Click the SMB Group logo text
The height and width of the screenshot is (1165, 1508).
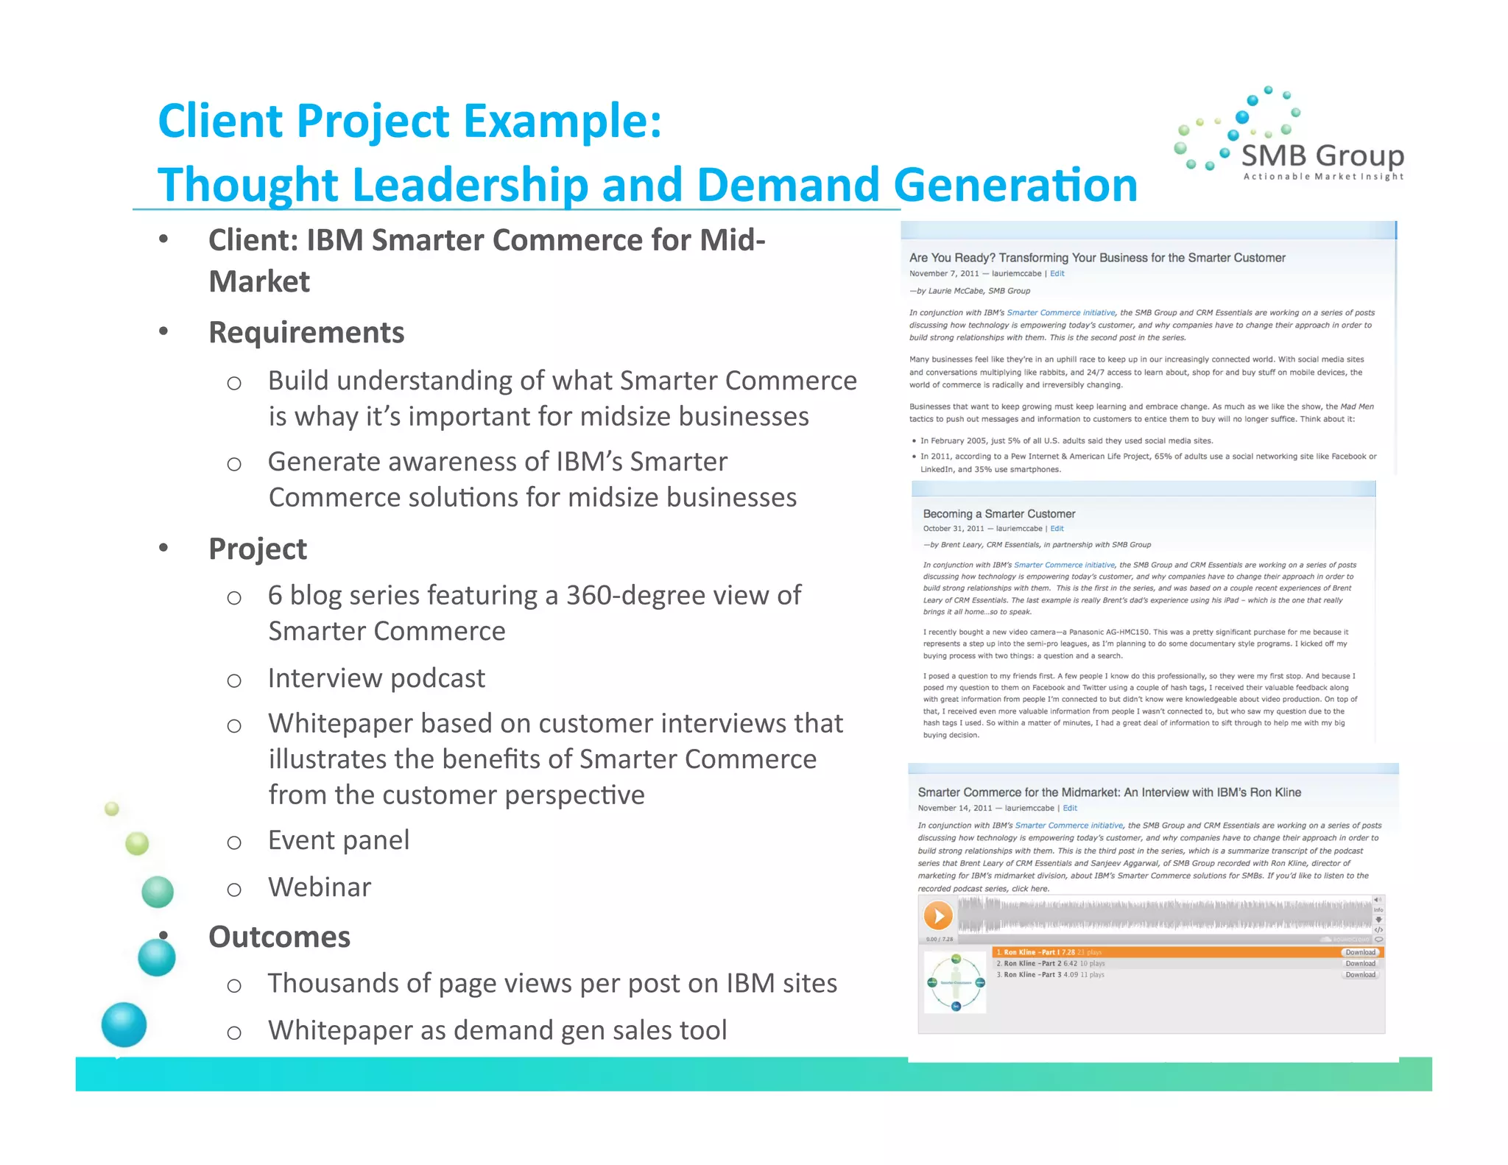coord(1322,156)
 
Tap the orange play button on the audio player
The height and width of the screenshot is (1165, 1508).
coord(938,916)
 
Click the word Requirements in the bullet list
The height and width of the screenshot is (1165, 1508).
coord(306,332)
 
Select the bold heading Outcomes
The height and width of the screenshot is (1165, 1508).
coord(279,937)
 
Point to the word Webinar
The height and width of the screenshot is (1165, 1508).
coord(320,887)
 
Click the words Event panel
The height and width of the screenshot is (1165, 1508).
coord(339,840)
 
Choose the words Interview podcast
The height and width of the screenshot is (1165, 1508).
coord(376,678)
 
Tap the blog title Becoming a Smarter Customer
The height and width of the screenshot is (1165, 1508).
coord(998,514)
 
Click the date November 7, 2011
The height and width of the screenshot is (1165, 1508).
coord(944,274)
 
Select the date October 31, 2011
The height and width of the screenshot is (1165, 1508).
coord(954,529)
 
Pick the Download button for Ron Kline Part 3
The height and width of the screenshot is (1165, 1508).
coord(1360,975)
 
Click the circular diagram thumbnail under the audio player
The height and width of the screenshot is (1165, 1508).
coord(955,982)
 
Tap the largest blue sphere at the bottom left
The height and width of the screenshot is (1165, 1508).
coord(124,1024)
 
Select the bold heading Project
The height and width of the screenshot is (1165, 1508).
coord(258,549)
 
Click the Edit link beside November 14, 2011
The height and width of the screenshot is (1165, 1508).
coord(1070,809)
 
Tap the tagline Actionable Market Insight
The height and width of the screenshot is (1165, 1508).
coord(1323,177)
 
